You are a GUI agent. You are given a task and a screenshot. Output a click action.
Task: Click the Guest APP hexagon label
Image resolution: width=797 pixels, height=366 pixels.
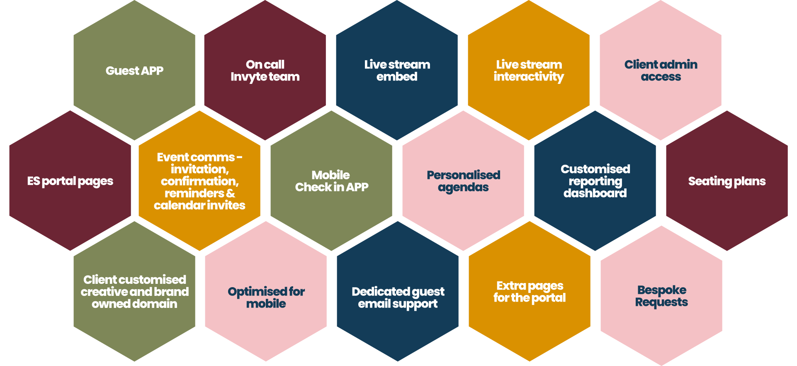pos(134,71)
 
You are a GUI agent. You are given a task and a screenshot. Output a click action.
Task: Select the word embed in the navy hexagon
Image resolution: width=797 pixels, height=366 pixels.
pos(397,77)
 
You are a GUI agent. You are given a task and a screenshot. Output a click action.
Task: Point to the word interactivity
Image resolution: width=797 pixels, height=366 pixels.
pos(529,77)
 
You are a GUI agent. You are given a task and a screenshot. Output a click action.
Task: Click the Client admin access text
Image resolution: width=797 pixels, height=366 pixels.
pos(661,71)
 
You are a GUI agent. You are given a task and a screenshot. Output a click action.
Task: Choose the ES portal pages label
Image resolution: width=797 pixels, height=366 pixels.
pos(70,181)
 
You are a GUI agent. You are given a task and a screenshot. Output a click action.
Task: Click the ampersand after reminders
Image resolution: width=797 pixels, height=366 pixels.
pos(231,193)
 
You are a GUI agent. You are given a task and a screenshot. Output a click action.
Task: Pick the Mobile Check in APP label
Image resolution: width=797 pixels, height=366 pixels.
pos(331,181)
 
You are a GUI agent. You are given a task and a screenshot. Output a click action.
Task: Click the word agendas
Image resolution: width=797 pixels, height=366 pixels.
pos(463,188)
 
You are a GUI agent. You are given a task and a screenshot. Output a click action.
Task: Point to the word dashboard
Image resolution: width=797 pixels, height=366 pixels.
pos(595,193)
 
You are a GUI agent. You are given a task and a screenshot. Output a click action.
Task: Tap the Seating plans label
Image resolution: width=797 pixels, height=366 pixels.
pos(727,181)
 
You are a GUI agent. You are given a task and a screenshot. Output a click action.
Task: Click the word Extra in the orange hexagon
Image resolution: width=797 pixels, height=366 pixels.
pos(511,286)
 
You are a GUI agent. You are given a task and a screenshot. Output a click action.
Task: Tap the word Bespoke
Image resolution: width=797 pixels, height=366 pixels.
pos(662,290)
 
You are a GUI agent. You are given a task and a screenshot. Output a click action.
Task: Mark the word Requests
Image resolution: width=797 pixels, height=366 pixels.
pos(661,303)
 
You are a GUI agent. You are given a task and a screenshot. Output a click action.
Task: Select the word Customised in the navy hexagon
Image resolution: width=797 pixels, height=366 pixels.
pos(595,169)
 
